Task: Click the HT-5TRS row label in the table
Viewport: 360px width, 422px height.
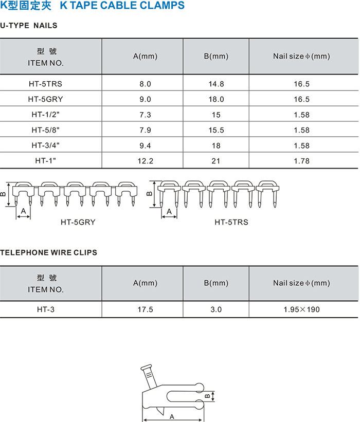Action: (x=45, y=84)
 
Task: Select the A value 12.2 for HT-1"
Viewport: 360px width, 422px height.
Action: (x=145, y=161)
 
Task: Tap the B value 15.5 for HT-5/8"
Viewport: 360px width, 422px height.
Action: (x=216, y=130)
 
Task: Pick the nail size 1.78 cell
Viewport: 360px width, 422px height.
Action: (x=301, y=161)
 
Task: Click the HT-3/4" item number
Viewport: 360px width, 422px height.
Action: (x=45, y=145)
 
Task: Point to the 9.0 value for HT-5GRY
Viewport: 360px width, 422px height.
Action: (x=145, y=99)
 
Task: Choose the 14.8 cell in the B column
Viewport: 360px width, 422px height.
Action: (x=216, y=84)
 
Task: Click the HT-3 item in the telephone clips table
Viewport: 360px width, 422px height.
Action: (x=45, y=309)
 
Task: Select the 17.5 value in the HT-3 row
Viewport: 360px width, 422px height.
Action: (x=145, y=309)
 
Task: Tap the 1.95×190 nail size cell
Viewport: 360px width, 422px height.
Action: (x=301, y=309)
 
